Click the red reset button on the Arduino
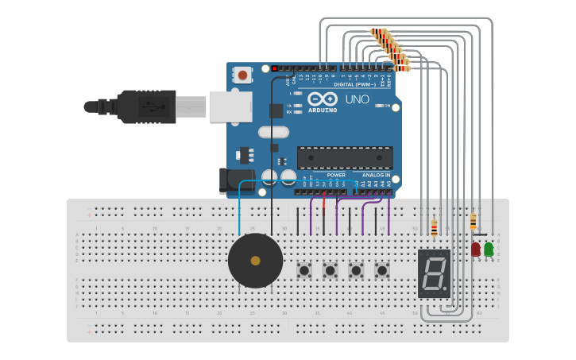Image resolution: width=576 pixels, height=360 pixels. click(242, 75)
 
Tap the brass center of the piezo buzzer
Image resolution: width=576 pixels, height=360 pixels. click(255, 260)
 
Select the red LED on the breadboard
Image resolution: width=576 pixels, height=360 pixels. click(476, 250)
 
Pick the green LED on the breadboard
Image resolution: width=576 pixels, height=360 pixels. click(489, 250)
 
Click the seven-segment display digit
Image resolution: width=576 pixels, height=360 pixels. click(434, 273)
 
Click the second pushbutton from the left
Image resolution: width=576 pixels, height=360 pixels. click(330, 271)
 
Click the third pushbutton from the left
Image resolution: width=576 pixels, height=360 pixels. click(356, 271)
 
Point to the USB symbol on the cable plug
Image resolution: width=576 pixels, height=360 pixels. click(147, 106)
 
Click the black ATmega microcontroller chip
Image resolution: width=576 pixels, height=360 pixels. click(345, 157)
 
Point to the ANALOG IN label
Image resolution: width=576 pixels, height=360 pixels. click(377, 175)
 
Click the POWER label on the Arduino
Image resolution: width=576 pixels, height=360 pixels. click(335, 175)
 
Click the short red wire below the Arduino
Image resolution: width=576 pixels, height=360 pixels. click(324, 205)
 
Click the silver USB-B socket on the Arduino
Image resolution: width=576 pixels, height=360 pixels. click(230, 106)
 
